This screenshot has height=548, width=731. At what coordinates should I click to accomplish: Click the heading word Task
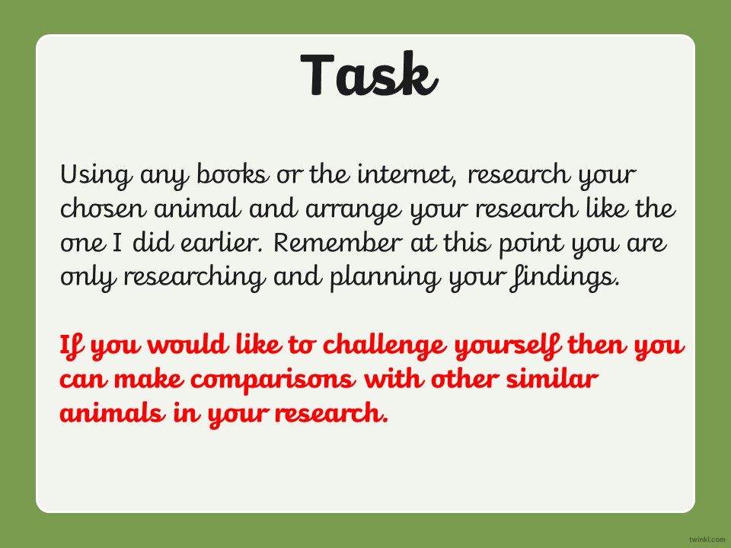(x=369, y=75)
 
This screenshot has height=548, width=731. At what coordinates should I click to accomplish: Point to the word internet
(x=407, y=174)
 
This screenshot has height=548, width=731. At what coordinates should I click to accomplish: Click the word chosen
(x=103, y=209)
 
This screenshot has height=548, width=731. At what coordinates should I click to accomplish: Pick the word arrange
(x=353, y=211)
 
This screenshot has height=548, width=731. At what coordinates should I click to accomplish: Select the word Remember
(x=337, y=242)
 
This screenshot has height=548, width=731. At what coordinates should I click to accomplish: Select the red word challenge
(x=385, y=347)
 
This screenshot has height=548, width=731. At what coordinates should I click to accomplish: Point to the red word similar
(x=552, y=378)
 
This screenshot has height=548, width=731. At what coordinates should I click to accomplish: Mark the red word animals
(x=113, y=413)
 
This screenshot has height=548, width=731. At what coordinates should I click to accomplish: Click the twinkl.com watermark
(x=707, y=539)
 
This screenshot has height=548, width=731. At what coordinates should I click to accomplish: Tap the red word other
(x=464, y=378)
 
